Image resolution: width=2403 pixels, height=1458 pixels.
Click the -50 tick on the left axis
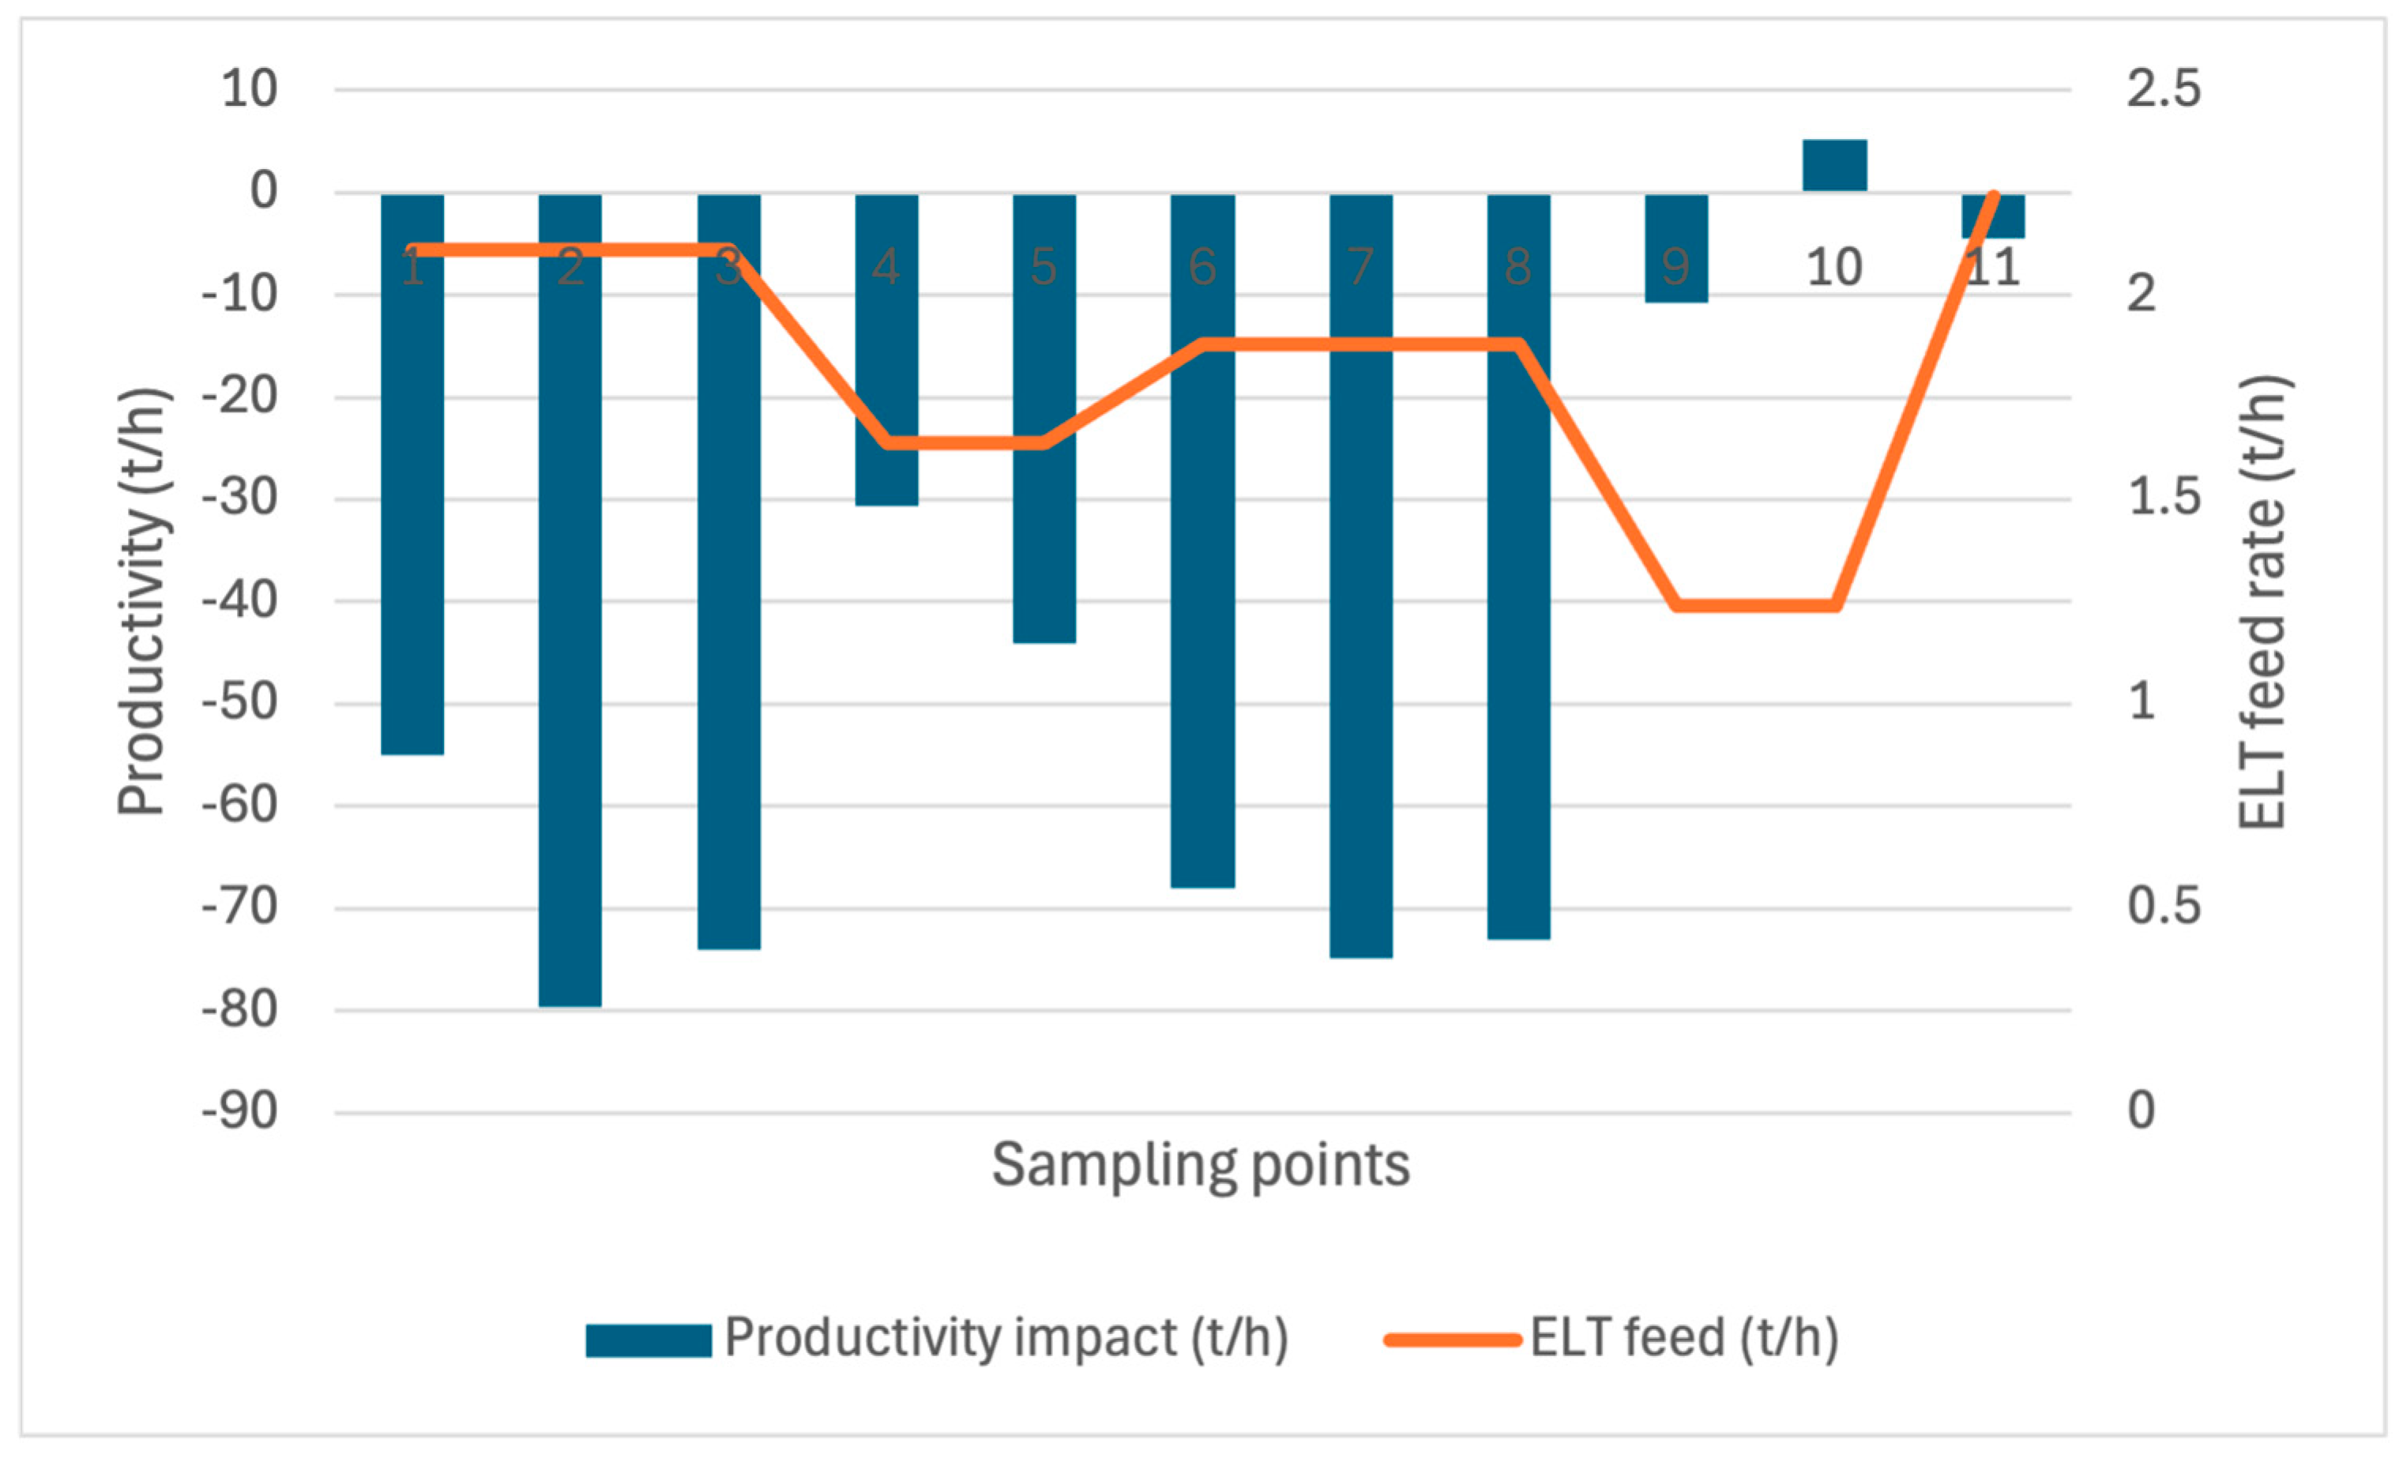[x=240, y=702]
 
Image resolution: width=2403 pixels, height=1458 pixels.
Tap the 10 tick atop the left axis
[x=250, y=90]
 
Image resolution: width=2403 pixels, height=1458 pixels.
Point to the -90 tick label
[x=240, y=1112]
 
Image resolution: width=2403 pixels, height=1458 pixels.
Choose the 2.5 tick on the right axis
[x=2163, y=90]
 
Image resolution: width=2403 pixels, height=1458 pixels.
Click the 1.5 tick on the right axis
[x=2163, y=498]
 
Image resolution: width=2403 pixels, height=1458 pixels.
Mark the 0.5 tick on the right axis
[x=2163, y=907]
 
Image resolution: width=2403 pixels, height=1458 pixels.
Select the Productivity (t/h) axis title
[x=142, y=602]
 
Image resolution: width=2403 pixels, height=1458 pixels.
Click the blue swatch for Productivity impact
[x=648, y=1340]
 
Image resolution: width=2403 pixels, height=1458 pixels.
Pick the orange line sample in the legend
[x=1452, y=1340]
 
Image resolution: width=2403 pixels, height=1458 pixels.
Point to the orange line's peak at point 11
[x=1993, y=196]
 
